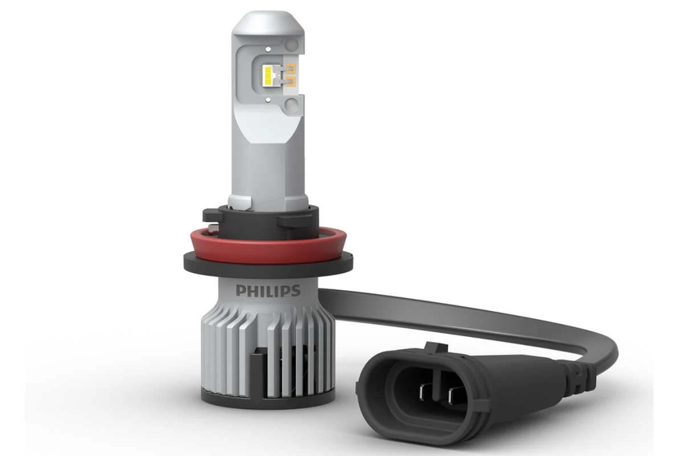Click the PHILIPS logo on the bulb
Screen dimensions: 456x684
click(267, 291)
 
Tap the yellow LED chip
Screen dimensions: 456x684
click(270, 78)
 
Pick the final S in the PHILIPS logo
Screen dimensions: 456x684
click(295, 291)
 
